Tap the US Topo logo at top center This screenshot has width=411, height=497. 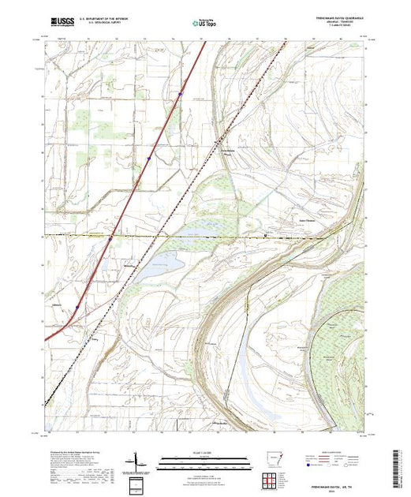click(x=206, y=23)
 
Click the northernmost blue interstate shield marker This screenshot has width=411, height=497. click(x=180, y=94)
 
